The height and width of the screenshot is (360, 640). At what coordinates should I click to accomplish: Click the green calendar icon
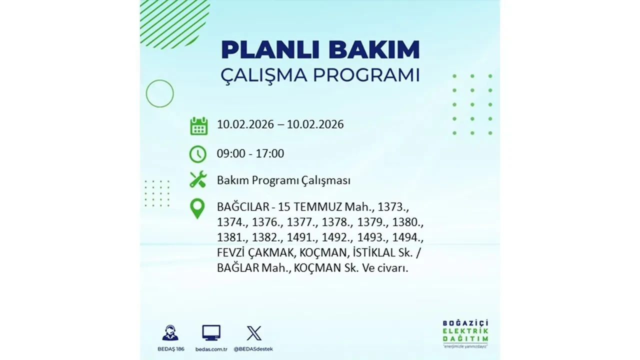[x=198, y=126]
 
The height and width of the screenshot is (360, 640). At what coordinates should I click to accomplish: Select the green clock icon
[x=198, y=154]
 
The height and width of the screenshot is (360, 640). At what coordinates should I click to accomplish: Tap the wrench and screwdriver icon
[x=198, y=179]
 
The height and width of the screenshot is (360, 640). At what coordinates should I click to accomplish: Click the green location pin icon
[x=198, y=208]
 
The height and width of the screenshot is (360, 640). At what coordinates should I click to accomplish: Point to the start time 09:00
[x=231, y=153]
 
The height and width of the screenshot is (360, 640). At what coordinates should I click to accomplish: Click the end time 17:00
[x=270, y=153]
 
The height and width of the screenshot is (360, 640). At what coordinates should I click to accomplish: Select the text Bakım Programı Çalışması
[x=283, y=180]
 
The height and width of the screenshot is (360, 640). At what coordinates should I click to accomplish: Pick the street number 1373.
[x=393, y=206]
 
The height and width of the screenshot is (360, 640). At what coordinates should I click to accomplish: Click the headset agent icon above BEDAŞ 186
[x=170, y=332]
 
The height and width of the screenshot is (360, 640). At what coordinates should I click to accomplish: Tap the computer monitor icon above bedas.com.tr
[x=211, y=332]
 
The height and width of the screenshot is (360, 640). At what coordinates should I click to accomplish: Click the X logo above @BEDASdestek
[x=254, y=332]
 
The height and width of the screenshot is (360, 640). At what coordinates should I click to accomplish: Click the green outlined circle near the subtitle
[x=159, y=93]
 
